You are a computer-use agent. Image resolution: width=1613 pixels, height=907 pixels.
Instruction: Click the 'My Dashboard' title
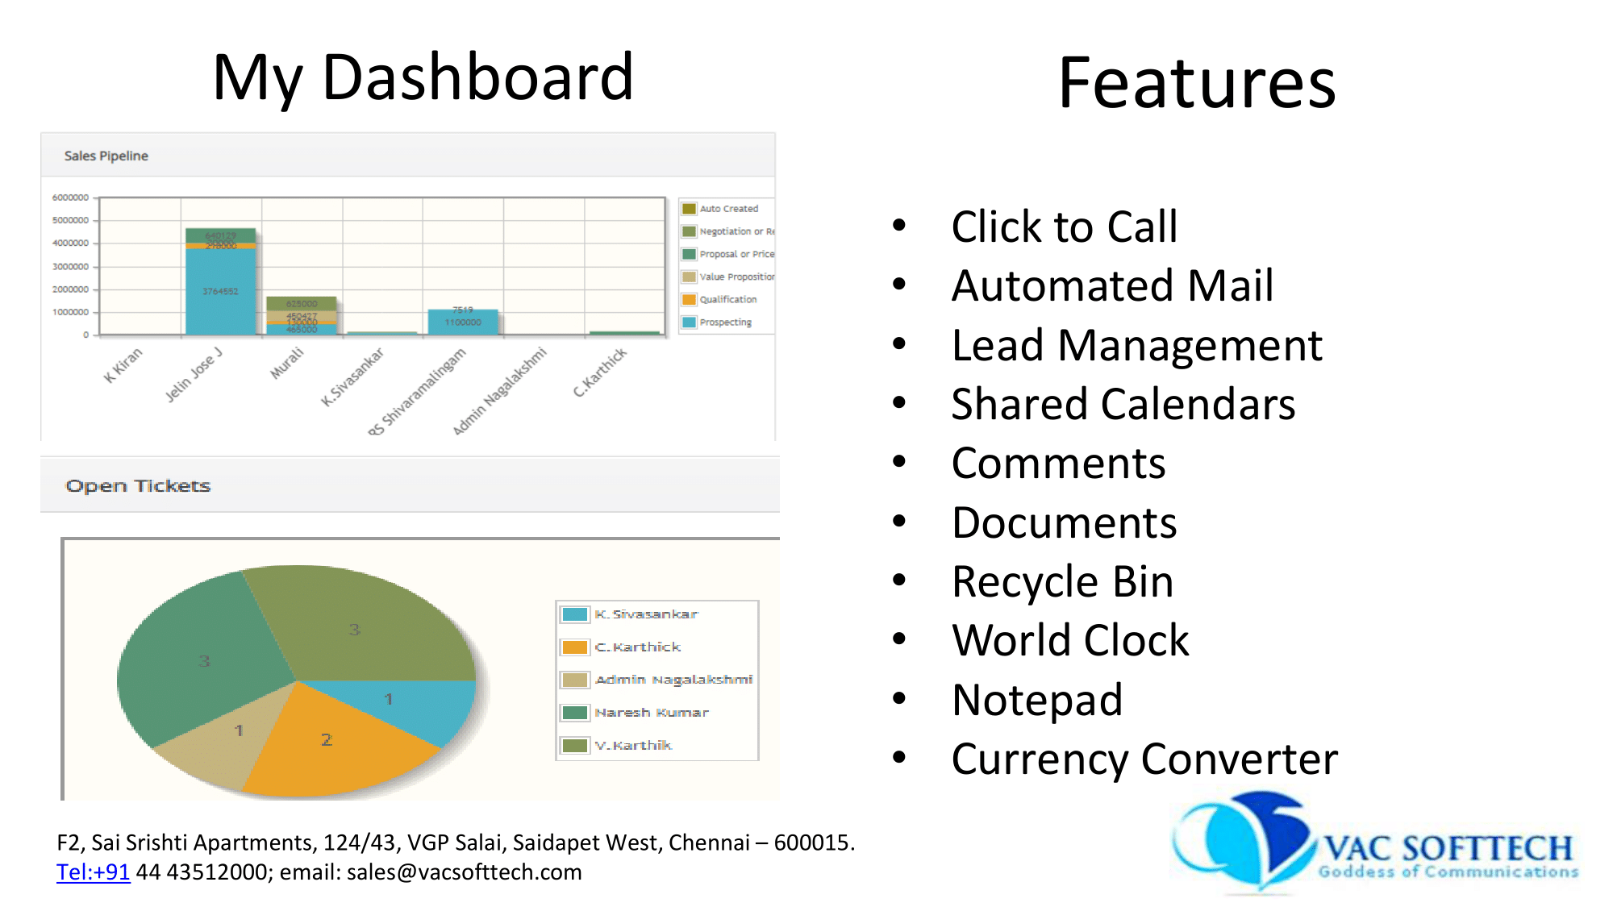point(423,77)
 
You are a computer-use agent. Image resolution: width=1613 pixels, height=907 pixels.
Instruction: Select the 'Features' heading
point(1197,83)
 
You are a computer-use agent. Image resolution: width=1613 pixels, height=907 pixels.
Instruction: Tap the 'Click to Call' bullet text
point(1064,227)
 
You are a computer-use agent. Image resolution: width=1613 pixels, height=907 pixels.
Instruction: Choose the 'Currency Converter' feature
point(1144,759)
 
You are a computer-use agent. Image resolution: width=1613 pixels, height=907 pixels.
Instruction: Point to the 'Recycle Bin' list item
point(1062,582)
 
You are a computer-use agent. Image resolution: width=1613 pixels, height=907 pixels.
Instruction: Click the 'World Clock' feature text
point(1069,641)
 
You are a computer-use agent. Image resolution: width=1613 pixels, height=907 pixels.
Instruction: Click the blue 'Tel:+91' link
point(93,872)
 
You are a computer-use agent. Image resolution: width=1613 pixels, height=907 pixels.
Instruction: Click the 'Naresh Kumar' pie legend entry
point(651,713)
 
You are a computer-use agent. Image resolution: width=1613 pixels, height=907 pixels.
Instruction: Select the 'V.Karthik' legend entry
point(632,746)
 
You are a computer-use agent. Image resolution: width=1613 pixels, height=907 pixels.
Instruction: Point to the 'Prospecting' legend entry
point(725,322)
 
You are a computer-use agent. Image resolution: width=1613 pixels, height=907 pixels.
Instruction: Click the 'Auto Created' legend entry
point(728,209)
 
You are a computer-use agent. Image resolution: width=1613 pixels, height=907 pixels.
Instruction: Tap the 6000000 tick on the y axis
point(70,198)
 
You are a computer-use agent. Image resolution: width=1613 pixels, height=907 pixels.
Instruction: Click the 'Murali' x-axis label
point(287,362)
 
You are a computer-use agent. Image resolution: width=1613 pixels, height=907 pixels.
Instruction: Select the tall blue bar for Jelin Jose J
point(220,290)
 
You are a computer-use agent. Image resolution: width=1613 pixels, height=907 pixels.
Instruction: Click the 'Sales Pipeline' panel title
point(106,156)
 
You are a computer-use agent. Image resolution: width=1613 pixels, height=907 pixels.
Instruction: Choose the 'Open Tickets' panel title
point(138,485)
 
